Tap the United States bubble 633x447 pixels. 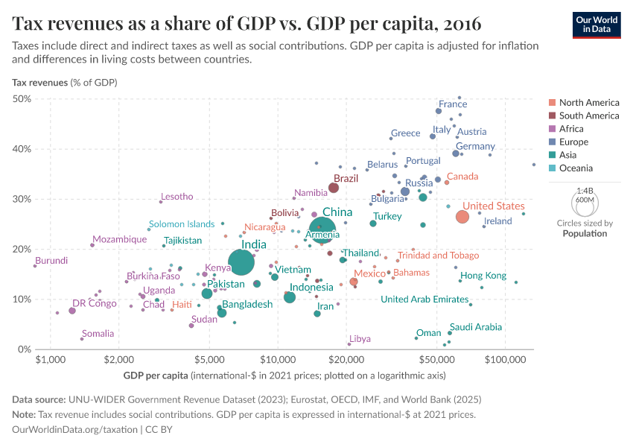coord(462,217)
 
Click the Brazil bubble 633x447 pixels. coord(334,188)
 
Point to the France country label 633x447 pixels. coord(453,104)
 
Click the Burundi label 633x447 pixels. coord(51,260)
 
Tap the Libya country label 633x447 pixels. coord(360,339)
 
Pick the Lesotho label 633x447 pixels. coord(176,197)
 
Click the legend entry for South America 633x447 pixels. coord(588,115)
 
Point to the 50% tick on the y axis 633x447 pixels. coord(21,99)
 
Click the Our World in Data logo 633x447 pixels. coord(597,24)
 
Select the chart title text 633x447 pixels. coord(246,23)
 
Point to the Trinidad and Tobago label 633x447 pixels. coord(438,256)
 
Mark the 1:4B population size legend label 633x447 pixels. coord(585,191)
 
